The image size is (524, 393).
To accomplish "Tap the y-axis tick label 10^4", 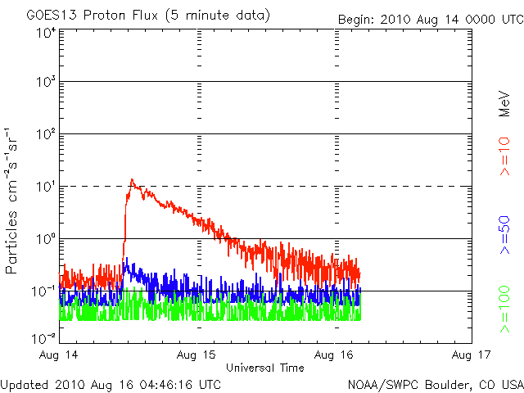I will click(46, 33).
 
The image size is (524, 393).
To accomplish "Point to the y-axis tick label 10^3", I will click(46, 82).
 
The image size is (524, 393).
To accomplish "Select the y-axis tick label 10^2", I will click(46, 133).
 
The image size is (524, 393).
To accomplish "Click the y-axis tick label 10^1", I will click(46, 186).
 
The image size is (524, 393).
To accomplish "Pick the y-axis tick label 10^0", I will click(46, 238).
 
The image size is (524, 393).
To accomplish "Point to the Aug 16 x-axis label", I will click(336, 355).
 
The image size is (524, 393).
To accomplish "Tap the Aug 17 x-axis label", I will click(472, 355).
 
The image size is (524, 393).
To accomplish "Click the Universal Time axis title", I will click(265, 368).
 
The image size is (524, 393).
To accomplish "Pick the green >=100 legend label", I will click(505, 309).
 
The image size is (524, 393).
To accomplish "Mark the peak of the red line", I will click(131, 179).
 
